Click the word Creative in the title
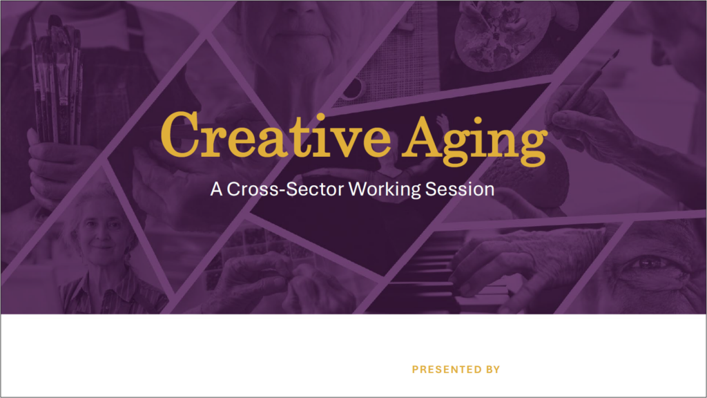275,135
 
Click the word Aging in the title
474,140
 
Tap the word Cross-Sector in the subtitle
285,189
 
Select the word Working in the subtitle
385,189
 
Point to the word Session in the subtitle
460,189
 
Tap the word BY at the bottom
493,370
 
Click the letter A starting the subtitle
216,189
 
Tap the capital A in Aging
421,136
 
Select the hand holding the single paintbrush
586,117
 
